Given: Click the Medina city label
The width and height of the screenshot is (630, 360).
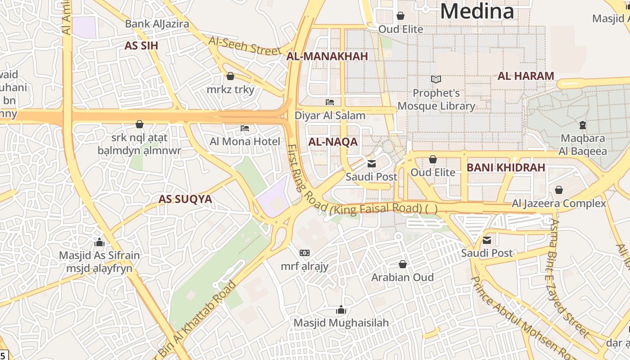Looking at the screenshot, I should (x=477, y=11).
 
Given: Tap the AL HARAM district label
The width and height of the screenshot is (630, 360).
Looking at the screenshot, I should (x=526, y=76).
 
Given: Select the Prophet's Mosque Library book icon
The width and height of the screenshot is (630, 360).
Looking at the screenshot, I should (x=436, y=80).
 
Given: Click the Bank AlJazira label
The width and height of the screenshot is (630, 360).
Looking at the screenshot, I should (x=157, y=24).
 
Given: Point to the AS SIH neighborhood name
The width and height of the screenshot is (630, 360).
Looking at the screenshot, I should (x=141, y=46).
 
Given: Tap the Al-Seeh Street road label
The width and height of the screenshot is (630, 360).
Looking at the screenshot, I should (x=245, y=45).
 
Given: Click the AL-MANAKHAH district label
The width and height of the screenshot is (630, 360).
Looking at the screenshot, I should (x=327, y=56).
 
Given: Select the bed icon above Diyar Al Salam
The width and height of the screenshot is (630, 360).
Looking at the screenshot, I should (x=330, y=102).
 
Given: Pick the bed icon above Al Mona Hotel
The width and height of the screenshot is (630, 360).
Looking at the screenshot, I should (x=245, y=129).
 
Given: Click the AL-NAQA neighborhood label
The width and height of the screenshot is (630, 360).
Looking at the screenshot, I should (x=333, y=142).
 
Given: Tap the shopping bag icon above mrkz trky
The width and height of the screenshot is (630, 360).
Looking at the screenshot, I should (x=230, y=76).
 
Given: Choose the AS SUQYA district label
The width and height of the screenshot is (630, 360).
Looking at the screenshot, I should (x=185, y=199).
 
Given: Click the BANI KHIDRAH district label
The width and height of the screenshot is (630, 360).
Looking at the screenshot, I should (x=506, y=168).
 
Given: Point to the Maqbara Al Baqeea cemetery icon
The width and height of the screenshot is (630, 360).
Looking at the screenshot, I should (x=583, y=125).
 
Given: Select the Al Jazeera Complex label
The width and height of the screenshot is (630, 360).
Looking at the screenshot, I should (x=559, y=203).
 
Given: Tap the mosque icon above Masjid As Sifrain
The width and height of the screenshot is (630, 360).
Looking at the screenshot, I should (x=99, y=243).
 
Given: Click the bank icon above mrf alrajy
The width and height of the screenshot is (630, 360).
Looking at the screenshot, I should (x=305, y=253).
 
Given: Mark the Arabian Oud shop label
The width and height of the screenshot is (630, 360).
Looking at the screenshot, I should (x=402, y=277).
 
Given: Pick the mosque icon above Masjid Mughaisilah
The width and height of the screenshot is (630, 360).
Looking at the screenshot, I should (x=341, y=310).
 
